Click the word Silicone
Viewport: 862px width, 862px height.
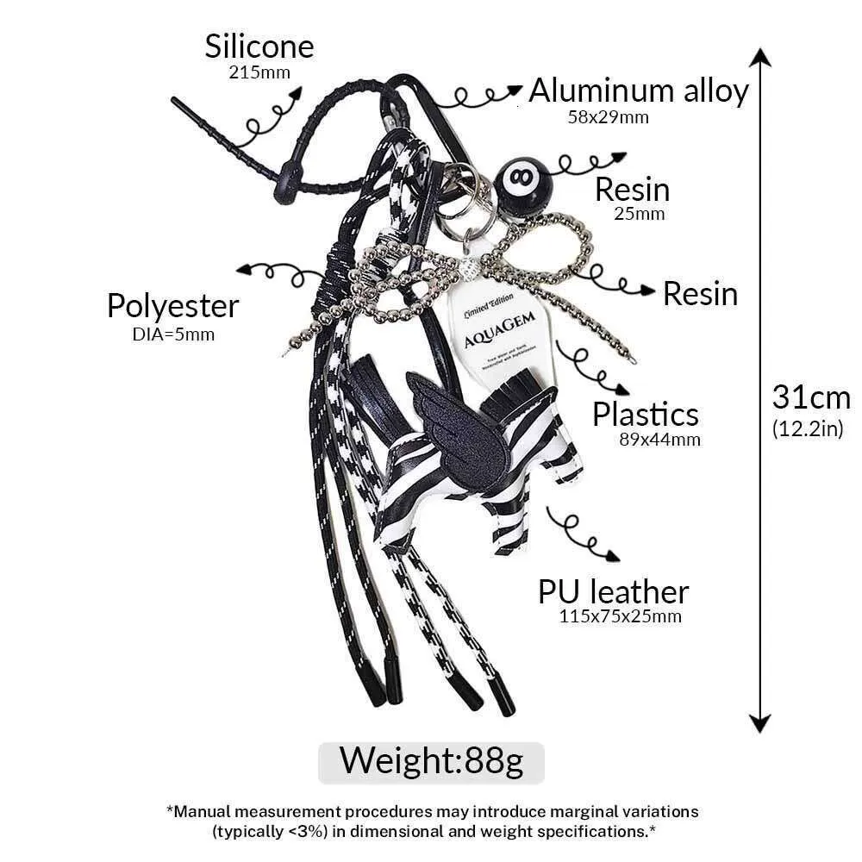(259, 47)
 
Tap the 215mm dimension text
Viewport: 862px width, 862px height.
(259, 72)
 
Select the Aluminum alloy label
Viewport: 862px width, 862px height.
(638, 91)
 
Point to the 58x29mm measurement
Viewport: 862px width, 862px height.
(608, 117)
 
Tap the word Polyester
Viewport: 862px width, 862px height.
(172, 306)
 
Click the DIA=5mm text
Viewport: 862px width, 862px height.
(173, 334)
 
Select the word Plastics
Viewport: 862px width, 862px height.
(645, 415)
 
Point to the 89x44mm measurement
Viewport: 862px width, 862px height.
(660, 440)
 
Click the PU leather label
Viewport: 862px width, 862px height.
(614, 592)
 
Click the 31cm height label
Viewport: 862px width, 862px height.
(810, 397)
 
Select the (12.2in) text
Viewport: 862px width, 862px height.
(808, 429)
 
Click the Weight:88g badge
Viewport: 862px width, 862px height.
(431, 761)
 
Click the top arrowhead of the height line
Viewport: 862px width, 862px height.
(759, 59)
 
